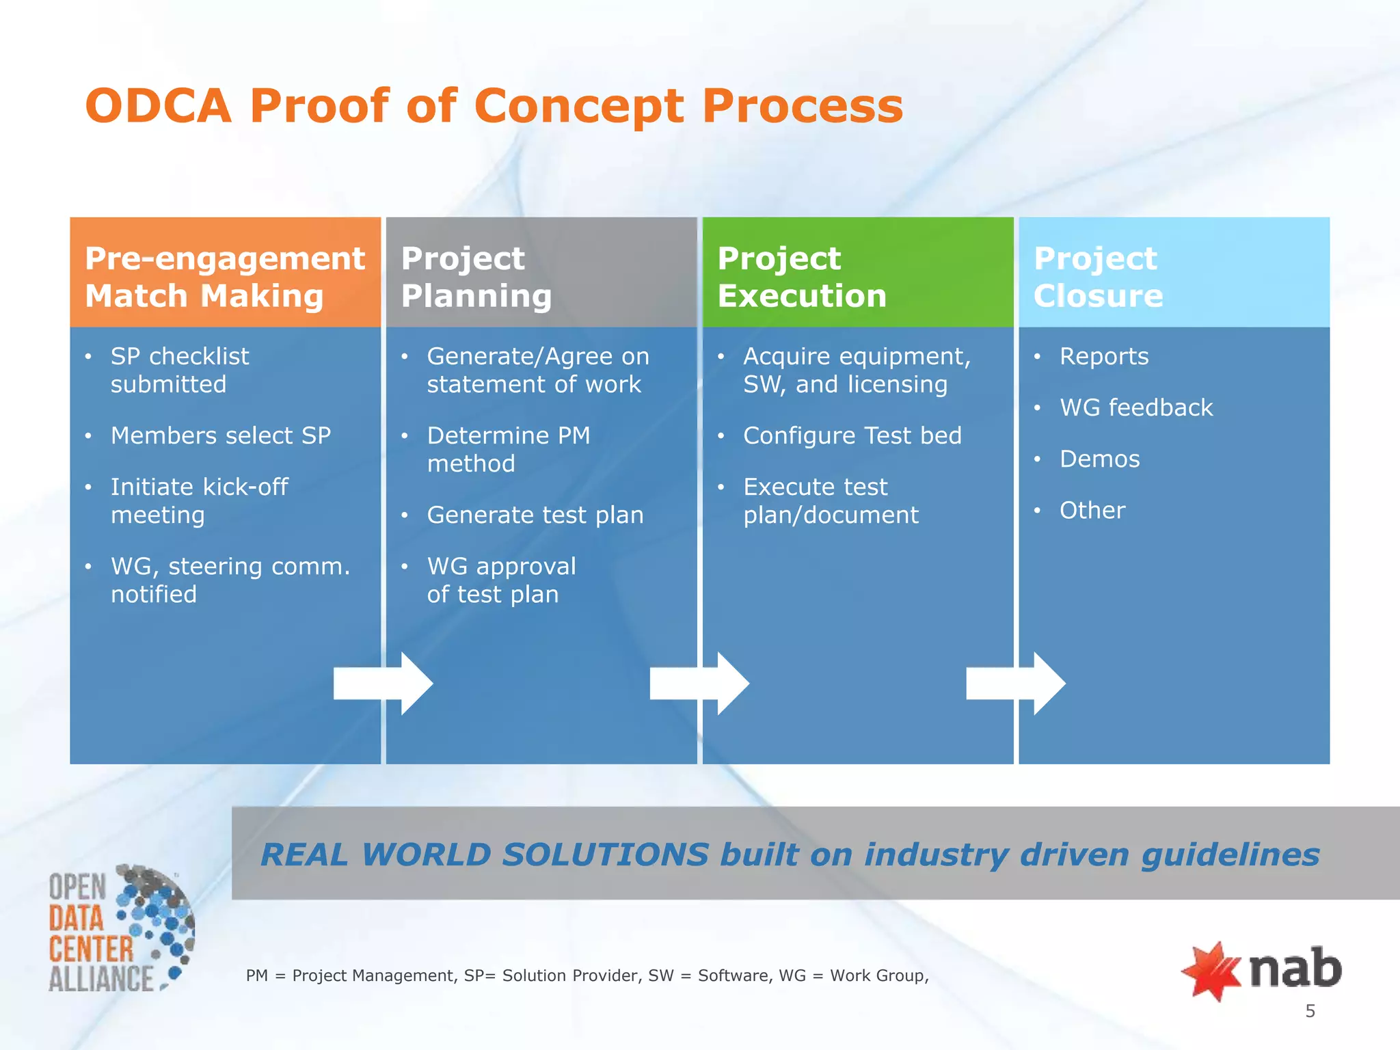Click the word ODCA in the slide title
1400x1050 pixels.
pyautogui.click(x=159, y=107)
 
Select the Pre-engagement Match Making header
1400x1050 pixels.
pyautogui.click(x=225, y=276)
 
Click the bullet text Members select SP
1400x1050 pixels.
pyautogui.click(x=220, y=435)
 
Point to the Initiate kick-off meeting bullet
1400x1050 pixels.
pyautogui.click(x=199, y=500)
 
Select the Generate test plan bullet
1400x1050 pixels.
pyautogui.click(x=535, y=515)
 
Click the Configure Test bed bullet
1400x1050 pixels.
pyautogui.click(x=852, y=435)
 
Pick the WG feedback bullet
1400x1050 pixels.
pyautogui.click(x=1135, y=407)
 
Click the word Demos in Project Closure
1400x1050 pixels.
pyautogui.click(x=1099, y=459)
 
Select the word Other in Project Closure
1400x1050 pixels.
pyautogui.click(x=1092, y=510)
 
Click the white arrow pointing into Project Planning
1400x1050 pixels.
pyautogui.click(x=383, y=684)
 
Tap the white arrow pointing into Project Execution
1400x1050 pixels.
pyautogui.click(x=699, y=684)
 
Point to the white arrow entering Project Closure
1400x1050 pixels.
pyautogui.click(x=1016, y=684)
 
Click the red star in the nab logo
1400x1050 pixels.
pyautogui.click(x=1211, y=971)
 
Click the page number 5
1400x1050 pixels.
pyautogui.click(x=1310, y=1011)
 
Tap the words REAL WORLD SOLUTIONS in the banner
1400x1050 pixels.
pyautogui.click(x=484, y=854)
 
